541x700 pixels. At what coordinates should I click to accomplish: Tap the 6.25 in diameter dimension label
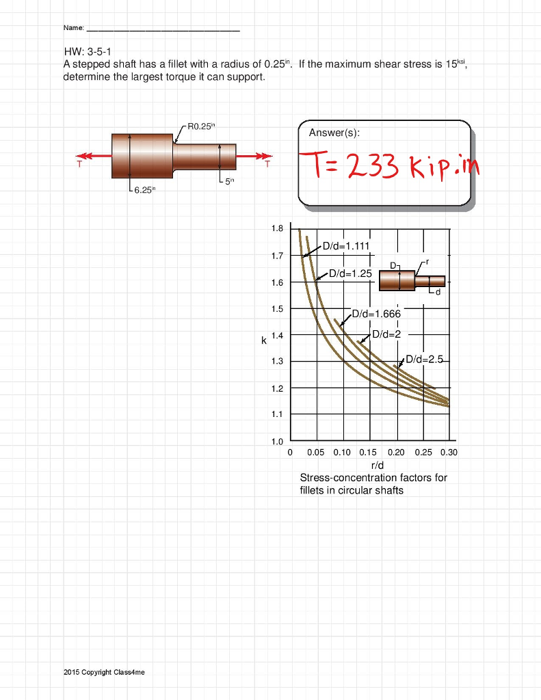tap(144, 190)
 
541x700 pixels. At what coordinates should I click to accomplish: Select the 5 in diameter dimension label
tap(229, 181)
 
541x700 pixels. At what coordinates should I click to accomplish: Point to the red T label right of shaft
tap(267, 165)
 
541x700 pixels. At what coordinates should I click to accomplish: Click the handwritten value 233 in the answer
tap(372, 165)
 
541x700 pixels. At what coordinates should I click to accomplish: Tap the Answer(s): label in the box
tap(334, 133)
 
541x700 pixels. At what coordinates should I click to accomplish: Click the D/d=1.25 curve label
tap(350, 273)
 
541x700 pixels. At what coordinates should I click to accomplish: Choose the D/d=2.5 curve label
tap(424, 359)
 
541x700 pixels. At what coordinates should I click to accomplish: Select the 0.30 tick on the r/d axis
tap(449, 453)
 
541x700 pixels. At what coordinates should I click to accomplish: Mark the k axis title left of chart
tap(263, 340)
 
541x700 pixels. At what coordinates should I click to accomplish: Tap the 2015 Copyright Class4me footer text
tap(104, 673)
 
